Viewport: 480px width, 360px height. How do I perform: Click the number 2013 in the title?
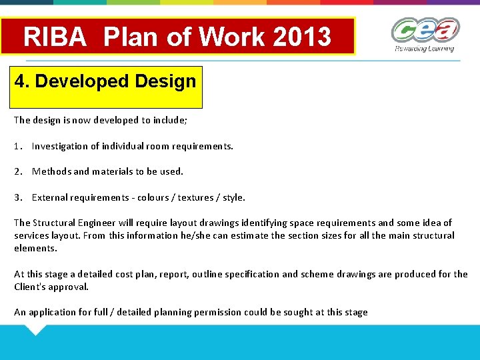301,37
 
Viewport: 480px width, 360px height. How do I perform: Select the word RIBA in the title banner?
55,37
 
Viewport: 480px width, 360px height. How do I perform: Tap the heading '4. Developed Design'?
105,82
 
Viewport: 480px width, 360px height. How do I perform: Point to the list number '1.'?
18,146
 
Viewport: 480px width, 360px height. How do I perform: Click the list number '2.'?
18,171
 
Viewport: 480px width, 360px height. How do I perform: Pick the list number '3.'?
18,197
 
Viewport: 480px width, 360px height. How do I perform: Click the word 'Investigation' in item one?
59,146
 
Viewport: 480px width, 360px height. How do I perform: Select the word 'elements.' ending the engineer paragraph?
36,248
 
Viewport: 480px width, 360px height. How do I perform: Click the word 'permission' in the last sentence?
217,312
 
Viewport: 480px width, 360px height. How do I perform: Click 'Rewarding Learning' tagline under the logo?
424,49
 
